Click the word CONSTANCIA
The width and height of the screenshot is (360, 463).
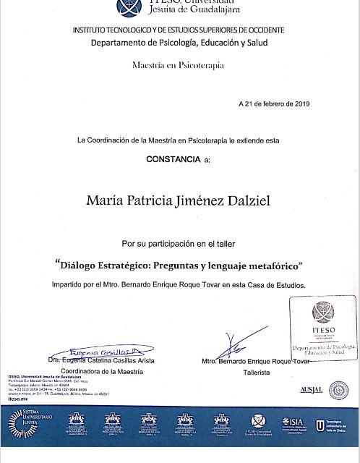173,157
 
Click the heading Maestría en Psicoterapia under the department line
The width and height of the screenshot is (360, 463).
178,65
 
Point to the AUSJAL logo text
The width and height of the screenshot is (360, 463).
311,390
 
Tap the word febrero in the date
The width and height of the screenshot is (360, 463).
268,104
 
